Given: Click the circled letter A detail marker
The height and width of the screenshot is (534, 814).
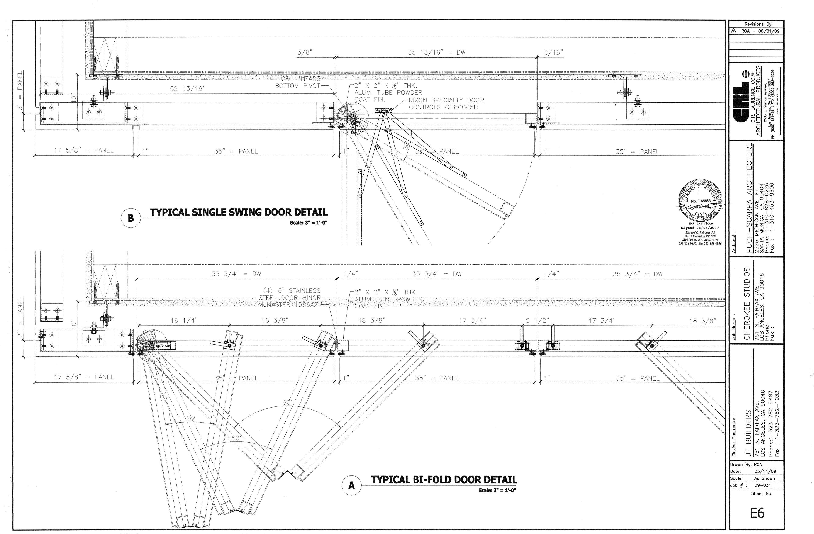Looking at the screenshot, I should click(351, 485).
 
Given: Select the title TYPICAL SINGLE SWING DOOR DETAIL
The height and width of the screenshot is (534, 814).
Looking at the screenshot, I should click(239, 212).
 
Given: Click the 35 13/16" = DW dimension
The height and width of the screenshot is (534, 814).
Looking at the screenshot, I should click(436, 53).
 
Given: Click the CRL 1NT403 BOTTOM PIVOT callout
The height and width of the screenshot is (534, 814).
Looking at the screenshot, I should click(298, 83).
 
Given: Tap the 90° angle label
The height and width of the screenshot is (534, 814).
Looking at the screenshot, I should click(287, 402).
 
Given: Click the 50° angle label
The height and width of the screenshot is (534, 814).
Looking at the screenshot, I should click(236, 438).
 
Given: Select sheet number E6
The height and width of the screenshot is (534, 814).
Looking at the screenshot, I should click(757, 513).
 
